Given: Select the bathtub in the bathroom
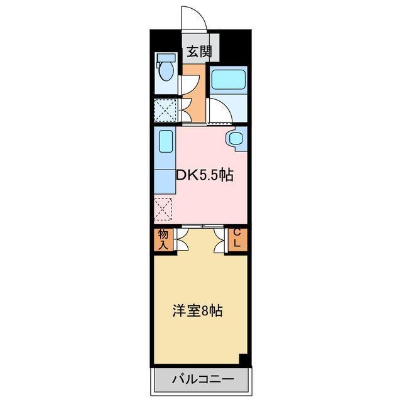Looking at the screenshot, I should (227, 80).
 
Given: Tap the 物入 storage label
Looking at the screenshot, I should (163, 239).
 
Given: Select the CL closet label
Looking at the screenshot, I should (237, 239).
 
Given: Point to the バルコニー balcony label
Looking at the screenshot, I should (201, 379).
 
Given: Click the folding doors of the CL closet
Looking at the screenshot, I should (220, 240).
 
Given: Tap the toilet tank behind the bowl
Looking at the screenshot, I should (166, 58).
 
